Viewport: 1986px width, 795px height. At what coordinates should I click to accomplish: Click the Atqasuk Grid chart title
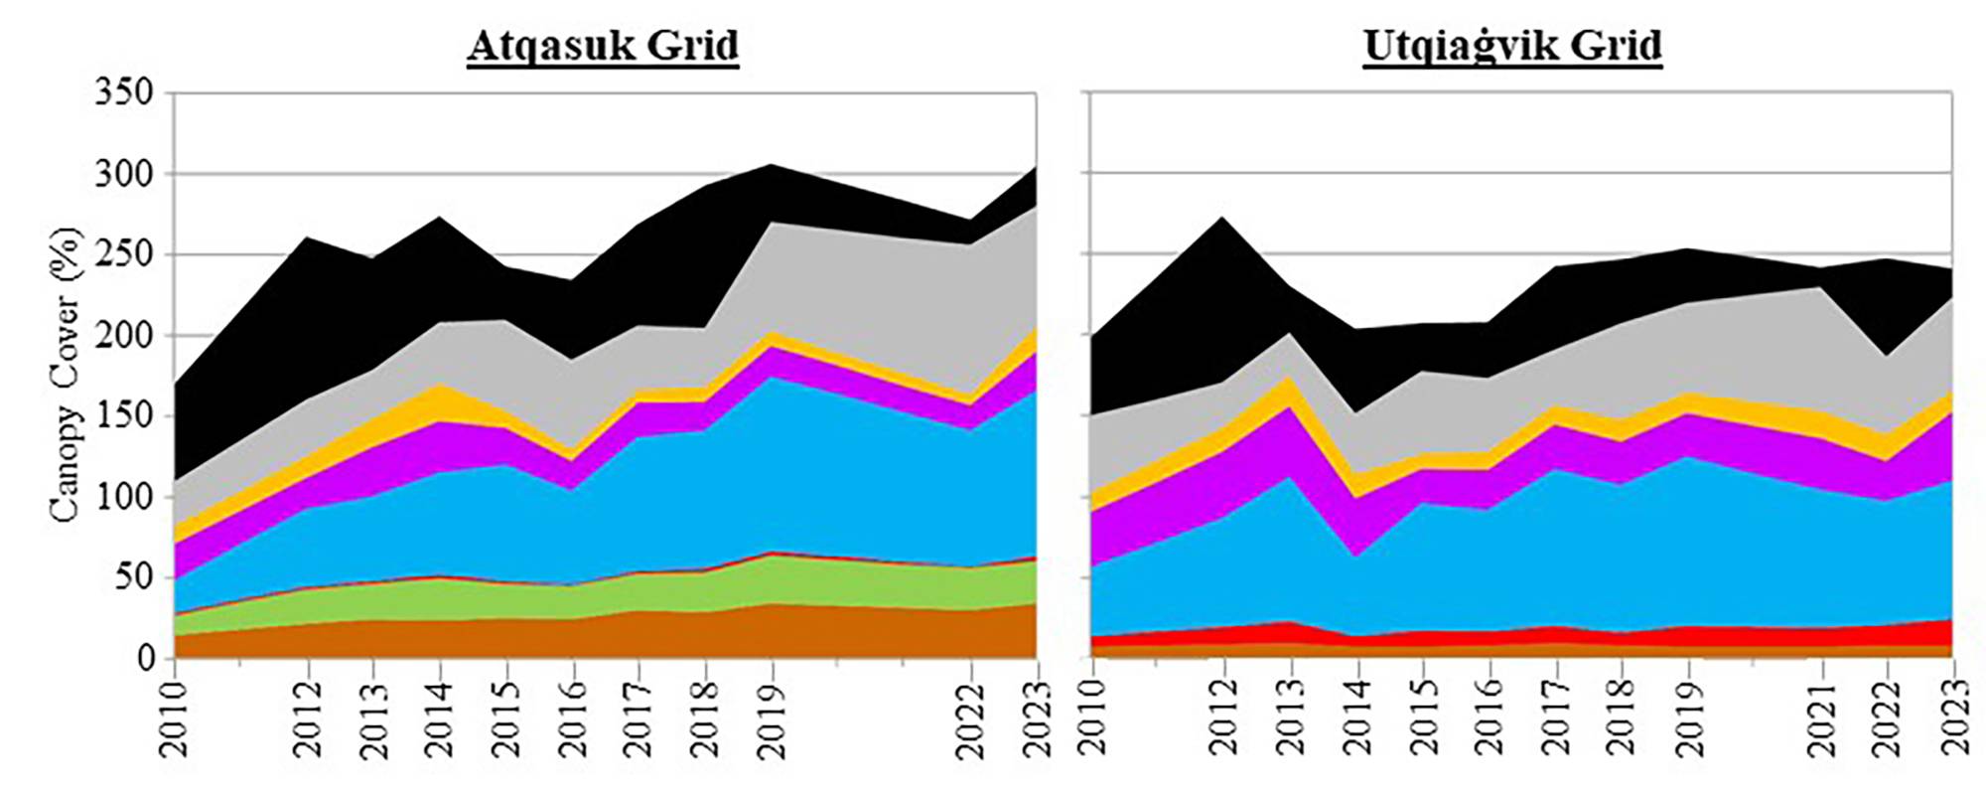point(603,46)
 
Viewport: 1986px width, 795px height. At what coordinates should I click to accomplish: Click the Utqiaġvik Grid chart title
point(1512,46)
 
